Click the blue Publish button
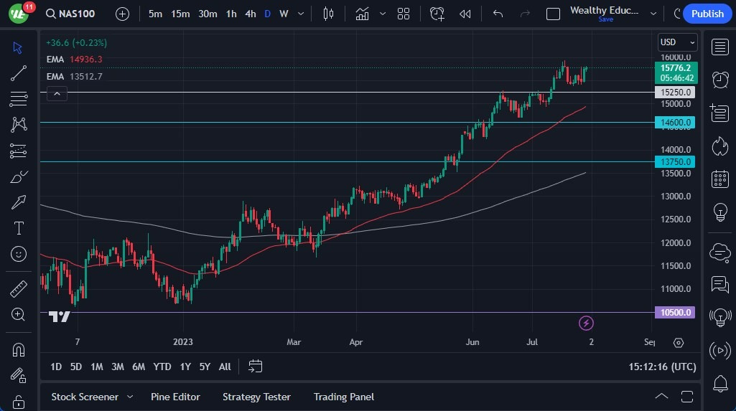click(707, 14)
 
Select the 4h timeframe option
click(250, 14)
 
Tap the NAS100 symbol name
click(77, 14)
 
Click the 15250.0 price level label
click(676, 93)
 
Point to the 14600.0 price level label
click(676, 123)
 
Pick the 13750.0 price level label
click(676, 162)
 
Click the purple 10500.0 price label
click(676, 313)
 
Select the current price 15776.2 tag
click(676, 68)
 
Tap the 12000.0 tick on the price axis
click(676, 243)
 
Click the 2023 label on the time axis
click(182, 342)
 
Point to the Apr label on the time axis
click(355, 342)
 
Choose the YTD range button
click(162, 367)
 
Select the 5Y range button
click(205, 367)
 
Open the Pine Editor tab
click(175, 397)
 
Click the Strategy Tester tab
click(256, 397)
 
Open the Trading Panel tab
click(343, 397)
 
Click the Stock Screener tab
click(85, 397)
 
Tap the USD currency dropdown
click(677, 42)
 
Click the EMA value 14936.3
click(86, 60)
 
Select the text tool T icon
click(19, 228)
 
